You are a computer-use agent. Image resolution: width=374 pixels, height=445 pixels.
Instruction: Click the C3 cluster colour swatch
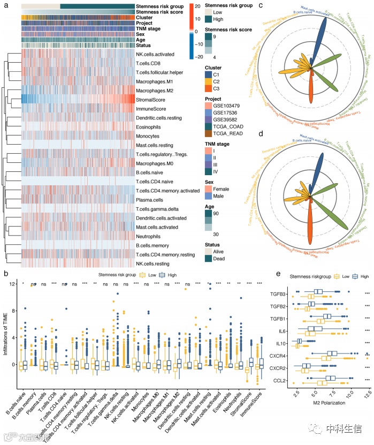tap(209, 89)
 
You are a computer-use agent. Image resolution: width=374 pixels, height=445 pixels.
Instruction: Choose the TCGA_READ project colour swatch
tap(209, 140)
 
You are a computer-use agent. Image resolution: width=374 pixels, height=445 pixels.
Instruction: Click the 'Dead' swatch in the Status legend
tap(209, 259)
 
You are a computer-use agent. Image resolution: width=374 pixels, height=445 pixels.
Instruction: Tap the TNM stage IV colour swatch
tap(209, 171)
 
